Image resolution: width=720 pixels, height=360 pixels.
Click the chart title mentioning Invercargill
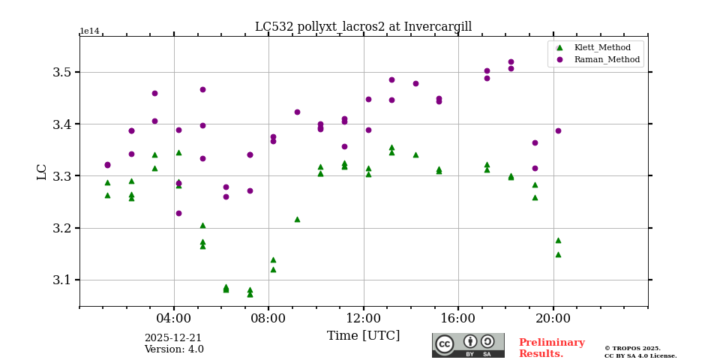click(x=363, y=27)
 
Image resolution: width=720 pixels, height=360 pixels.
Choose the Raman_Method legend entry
click(x=607, y=59)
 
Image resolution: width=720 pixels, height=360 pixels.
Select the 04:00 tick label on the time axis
click(x=174, y=318)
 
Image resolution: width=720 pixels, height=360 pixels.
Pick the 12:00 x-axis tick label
click(x=364, y=318)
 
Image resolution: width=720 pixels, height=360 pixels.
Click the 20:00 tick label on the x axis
click(x=553, y=318)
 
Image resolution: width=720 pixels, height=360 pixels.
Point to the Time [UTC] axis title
click(x=363, y=336)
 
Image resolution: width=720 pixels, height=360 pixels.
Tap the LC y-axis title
click(x=42, y=172)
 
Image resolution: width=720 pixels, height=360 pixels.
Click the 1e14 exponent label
click(x=89, y=31)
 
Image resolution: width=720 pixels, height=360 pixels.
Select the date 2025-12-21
click(x=173, y=338)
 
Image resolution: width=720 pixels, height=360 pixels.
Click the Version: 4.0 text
click(x=174, y=349)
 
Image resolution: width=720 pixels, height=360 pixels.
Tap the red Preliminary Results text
click(x=551, y=348)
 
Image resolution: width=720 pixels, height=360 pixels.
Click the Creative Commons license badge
click(x=468, y=345)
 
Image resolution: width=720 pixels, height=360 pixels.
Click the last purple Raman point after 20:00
click(x=558, y=130)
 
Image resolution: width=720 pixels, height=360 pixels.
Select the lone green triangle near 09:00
click(x=297, y=219)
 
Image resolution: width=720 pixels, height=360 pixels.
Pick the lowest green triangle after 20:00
click(x=558, y=254)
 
